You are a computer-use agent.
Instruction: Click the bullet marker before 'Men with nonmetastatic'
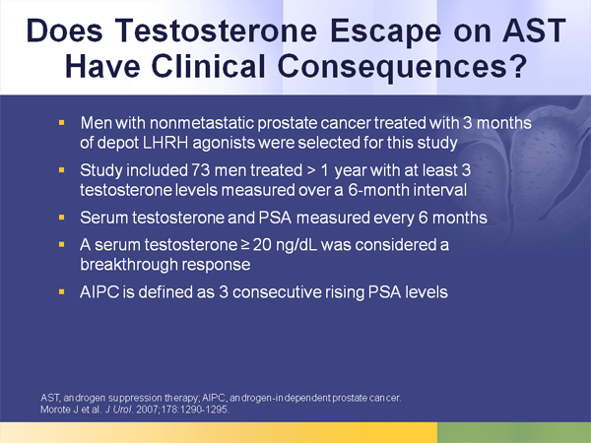(62, 123)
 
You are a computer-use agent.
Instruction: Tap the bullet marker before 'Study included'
(62, 169)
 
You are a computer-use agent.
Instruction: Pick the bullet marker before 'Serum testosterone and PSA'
(62, 216)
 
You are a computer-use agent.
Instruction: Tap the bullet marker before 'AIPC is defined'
(62, 292)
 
